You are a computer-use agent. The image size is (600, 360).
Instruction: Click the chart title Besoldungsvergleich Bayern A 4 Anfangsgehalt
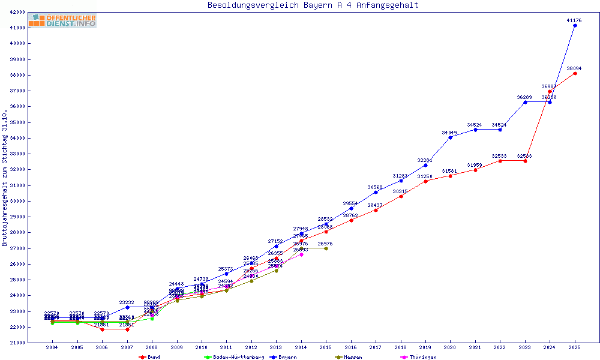313,5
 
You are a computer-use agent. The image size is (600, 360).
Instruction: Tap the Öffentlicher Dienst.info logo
62,20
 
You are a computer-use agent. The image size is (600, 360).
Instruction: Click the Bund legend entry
150,357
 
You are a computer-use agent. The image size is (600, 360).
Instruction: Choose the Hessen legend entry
349,357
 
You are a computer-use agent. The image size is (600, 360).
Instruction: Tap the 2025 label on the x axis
575,347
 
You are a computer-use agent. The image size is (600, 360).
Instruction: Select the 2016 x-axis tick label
351,347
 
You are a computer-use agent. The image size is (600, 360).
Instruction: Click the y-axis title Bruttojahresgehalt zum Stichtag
5,178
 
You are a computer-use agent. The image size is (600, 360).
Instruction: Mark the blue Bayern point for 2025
575,25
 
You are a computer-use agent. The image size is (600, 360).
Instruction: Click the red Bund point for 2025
575,73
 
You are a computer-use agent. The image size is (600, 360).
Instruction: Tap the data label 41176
574,20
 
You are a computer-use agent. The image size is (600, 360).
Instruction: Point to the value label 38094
574,68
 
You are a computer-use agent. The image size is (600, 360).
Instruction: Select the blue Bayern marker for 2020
450,137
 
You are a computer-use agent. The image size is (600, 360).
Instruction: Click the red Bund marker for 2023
525,161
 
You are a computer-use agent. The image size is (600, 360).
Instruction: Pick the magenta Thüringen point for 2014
301,254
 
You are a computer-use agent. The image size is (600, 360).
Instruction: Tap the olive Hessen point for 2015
326,248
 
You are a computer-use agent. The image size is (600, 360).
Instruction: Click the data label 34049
449,133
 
